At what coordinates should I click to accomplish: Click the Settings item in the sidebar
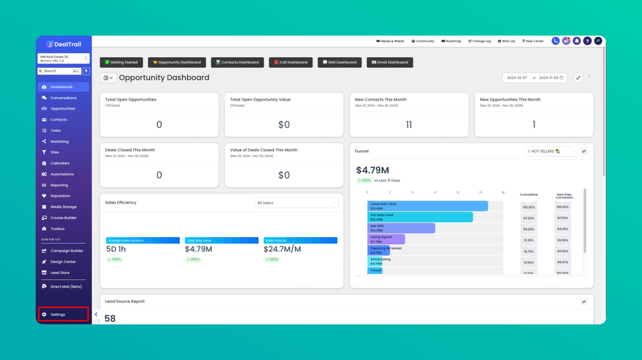pos(58,315)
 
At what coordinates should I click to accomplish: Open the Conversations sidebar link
pos(63,98)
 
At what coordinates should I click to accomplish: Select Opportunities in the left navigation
pos(62,109)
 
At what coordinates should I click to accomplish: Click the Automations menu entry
pos(61,174)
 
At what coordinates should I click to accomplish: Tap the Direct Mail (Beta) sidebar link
pos(66,287)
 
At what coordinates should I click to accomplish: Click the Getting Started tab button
pos(121,62)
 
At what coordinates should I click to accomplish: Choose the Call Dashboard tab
pos(290,62)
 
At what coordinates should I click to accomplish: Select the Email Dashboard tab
pos(389,62)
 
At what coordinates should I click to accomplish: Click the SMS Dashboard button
pos(339,62)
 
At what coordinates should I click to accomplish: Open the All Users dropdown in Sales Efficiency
pos(296,203)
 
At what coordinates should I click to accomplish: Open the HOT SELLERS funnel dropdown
pos(551,151)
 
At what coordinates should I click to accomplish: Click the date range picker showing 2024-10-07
pos(534,78)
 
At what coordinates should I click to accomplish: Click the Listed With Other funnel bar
pos(427,207)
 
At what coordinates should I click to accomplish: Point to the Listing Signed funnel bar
pos(386,239)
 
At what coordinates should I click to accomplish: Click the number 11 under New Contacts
pos(408,125)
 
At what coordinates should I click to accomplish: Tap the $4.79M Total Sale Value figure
pos(198,249)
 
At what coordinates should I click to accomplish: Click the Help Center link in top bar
pos(533,41)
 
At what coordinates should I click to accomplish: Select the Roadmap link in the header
pos(451,41)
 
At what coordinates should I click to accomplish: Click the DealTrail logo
pos(64,44)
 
